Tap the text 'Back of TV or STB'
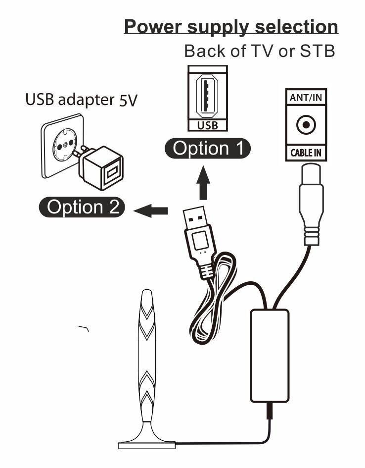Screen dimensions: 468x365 click(x=259, y=51)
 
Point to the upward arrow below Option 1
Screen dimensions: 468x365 click(x=204, y=183)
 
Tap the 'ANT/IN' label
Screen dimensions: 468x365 click(x=306, y=98)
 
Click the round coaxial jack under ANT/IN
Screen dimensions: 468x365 click(x=306, y=125)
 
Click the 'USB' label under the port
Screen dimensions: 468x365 click(x=207, y=125)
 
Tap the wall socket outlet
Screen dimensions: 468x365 click(x=62, y=145)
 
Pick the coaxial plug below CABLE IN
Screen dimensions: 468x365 click(x=312, y=203)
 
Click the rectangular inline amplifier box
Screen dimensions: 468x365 click(x=270, y=355)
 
